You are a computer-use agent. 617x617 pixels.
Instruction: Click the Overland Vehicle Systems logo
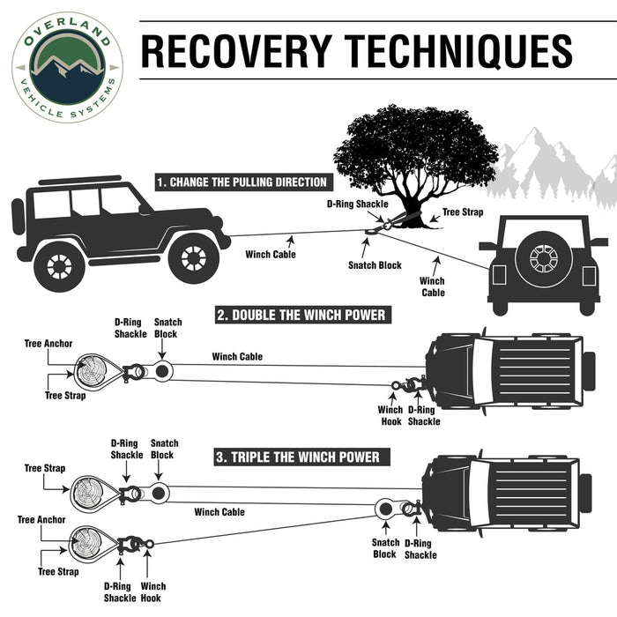coord(67,67)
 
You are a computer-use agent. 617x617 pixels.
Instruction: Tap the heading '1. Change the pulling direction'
coord(242,182)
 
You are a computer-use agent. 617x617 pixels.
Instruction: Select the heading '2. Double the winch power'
coord(301,315)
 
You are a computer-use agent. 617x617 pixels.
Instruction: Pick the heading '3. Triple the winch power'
coord(298,457)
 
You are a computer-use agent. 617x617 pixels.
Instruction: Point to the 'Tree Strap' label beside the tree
coord(463,212)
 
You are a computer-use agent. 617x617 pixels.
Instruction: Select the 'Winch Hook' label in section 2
coord(390,415)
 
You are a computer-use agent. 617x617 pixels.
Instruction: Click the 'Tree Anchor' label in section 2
coord(48,344)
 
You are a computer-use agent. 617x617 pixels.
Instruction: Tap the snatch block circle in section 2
coord(161,370)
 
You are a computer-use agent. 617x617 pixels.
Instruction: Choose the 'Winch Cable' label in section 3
coord(219,512)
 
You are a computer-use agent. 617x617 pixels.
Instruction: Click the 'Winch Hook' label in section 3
coord(152,592)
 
